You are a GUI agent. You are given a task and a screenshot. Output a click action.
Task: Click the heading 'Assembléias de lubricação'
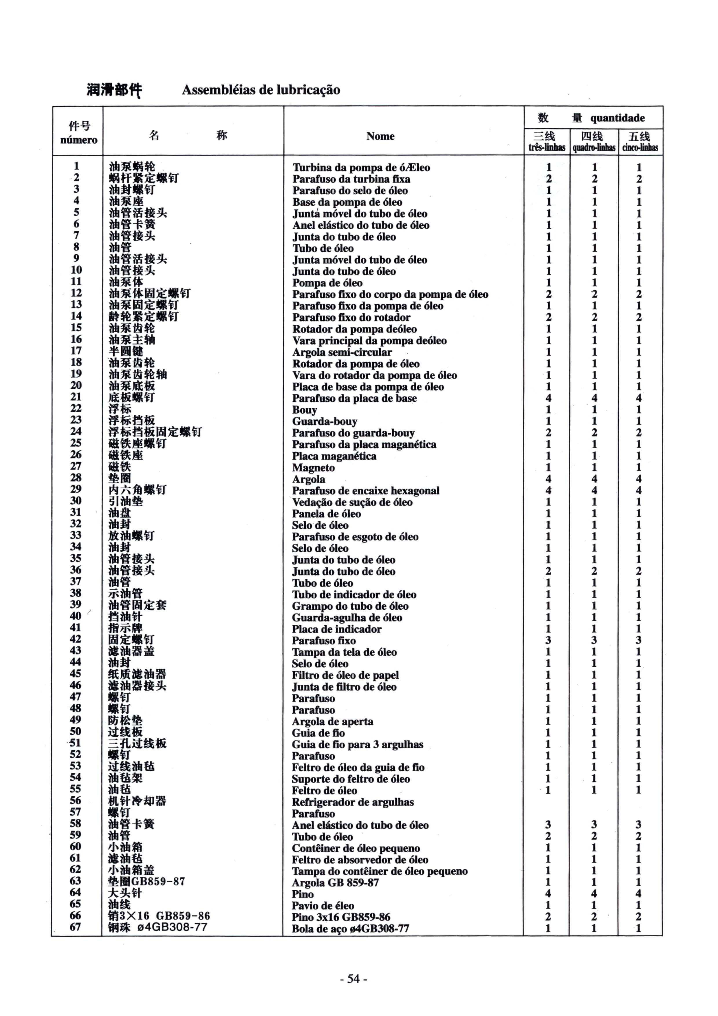pos(261,90)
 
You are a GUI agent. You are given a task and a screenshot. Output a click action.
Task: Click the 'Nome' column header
pos(380,136)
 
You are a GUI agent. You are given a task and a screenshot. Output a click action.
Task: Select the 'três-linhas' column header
pos(547,147)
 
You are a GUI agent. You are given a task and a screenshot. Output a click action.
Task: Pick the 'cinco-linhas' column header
pos(640,147)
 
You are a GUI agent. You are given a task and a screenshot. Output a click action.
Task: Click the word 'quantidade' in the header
pos(617,118)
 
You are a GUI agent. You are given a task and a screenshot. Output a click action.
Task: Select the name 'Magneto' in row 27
pos(313,468)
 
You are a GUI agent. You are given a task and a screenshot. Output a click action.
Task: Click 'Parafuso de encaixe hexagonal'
pos(365,491)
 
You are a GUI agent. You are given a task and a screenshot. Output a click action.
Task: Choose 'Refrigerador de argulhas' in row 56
pos(353,802)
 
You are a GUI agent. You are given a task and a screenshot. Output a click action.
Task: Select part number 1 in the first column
pos(76,166)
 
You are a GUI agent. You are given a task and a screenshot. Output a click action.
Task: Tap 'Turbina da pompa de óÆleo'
pos(361,168)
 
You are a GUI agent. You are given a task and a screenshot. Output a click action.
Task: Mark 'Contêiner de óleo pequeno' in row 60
pos(356,848)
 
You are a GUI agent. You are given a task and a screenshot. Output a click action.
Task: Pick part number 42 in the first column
pos(76,639)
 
